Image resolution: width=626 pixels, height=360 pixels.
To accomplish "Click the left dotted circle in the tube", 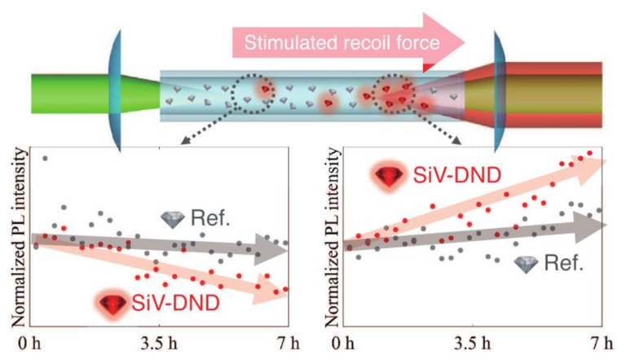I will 251,92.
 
